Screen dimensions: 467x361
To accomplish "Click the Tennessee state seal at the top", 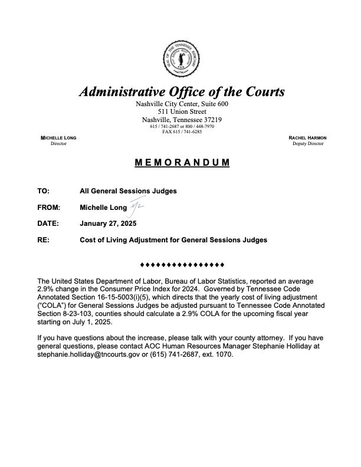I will [x=182, y=60].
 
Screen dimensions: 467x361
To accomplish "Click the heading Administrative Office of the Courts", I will [x=182, y=92].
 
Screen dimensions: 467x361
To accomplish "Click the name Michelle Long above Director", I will [x=58, y=137].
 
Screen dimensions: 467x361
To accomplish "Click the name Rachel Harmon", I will [x=307, y=137].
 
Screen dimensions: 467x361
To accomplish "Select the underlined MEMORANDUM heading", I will [x=181, y=162].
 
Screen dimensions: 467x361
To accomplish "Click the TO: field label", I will [x=42, y=191].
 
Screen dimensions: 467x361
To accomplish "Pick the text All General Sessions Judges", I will [x=128, y=191].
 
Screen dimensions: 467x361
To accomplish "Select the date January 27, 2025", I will [x=108, y=223].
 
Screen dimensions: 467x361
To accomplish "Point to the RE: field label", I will [x=42, y=240].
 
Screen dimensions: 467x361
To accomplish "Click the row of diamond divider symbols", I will [x=181, y=264].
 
